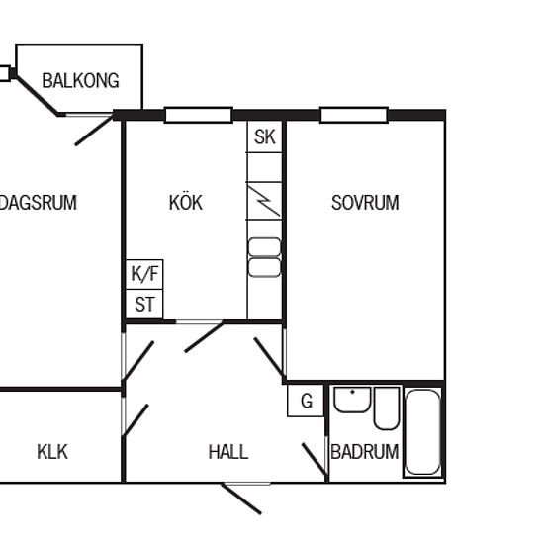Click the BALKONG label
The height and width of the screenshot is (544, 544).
coord(80,80)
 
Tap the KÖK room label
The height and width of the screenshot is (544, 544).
coord(186,202)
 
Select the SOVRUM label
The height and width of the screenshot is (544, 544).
coord(365,203)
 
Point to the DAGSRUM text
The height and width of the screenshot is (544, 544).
coord(38,203)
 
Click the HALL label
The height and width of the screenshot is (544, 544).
coord(228,452)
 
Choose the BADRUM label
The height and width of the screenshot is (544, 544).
coord(365,452)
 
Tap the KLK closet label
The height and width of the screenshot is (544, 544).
coord(52,452)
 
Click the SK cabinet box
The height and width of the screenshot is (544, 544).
coord(264,136)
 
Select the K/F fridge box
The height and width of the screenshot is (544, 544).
coord(144,274)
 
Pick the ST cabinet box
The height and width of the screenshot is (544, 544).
coord(144,305)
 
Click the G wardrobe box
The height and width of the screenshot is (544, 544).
coord(306,401)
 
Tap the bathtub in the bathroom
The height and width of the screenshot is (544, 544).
coord(423,432)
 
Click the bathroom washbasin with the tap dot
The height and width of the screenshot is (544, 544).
coord(352,400)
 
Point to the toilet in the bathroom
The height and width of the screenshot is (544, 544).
coord(387,408)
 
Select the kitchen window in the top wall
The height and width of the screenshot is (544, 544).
coord(199,115)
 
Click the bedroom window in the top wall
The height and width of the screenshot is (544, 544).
coord(353,115)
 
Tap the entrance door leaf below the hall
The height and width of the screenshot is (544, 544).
coord(241,499)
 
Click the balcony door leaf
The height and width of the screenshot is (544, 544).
coord(94,132)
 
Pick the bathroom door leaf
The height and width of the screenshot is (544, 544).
coord(315,459)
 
